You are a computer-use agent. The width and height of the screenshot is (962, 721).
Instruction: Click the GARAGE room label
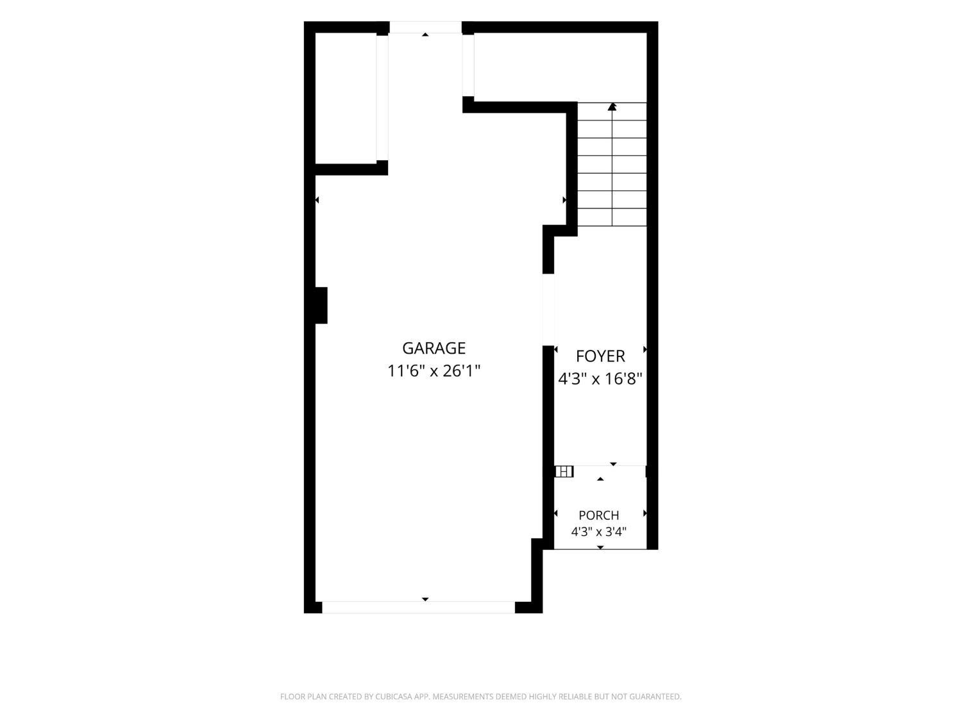tap(434, 348)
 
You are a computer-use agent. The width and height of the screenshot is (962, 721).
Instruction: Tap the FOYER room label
tap(600, 356)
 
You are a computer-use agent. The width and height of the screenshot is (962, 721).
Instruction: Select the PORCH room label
tap(598, 515)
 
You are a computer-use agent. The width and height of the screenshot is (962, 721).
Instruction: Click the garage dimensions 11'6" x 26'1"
tap(434, 371)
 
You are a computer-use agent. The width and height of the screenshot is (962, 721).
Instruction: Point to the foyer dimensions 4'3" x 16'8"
tap(600, 379)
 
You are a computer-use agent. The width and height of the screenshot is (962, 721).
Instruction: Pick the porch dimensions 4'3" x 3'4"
tap(598, 532)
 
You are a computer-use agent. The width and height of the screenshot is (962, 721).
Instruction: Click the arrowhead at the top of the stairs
tap(612, 106)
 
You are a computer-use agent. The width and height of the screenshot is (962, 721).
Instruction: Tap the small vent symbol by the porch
tap(564, 472)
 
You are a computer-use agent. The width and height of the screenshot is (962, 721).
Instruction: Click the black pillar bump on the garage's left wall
tap(321, 306)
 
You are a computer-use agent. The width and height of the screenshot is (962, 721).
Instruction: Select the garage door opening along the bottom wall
tap(418, 607)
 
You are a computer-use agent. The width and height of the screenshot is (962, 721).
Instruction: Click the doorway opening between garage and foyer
tap(548, 310)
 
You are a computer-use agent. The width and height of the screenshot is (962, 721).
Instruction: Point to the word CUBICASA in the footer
tap(394, 696)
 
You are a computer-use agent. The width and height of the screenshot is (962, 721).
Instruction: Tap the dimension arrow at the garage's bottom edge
tap(425, 599)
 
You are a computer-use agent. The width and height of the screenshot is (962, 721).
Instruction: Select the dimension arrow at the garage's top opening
tap(425, 35)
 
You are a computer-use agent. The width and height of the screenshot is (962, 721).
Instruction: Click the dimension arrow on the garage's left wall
tap(317, 200)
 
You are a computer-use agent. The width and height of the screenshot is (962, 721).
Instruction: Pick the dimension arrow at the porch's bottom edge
tap(600, 547)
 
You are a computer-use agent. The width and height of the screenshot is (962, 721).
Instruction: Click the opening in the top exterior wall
tap(426, 27)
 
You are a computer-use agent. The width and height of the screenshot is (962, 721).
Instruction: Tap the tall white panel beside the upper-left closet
tap(382, 97)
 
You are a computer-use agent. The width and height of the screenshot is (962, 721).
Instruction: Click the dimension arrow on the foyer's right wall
tap(645, 349)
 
